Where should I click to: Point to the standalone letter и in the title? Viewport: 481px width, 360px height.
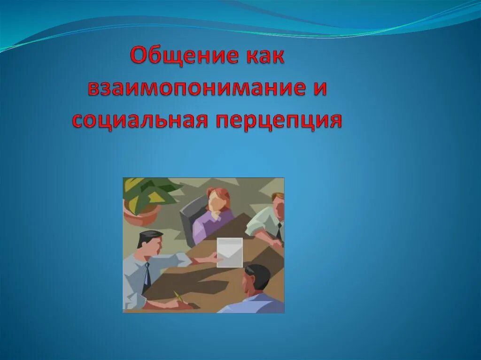point(319,89)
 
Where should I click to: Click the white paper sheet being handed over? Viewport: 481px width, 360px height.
point(230,252)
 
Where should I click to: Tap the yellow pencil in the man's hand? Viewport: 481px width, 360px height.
point(179,297)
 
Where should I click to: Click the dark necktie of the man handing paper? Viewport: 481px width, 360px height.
point(147,277)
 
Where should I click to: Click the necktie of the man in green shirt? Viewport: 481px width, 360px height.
point(279,230)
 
